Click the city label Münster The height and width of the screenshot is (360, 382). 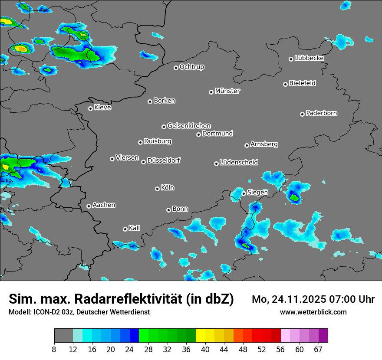tap(227, 91)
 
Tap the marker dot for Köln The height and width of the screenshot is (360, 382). tap(157, 189)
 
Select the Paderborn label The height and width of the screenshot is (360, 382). tap(322, 113)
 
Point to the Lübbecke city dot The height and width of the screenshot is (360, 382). tap(291, 59)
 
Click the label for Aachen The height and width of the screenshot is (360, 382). tap(104, 205)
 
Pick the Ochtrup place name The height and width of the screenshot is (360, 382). tap(192, 67)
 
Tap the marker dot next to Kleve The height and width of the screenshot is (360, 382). tap(90, 108)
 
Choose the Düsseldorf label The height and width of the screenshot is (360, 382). tap(164, 160)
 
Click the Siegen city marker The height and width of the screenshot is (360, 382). tap(244, 193)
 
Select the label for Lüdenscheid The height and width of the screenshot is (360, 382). tap(239, 163)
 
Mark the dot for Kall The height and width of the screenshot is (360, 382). tap(125, 229)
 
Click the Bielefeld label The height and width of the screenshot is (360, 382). tap(302, 83)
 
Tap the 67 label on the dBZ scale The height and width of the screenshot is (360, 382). tap(318, 349)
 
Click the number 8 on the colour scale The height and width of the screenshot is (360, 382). tap(54, 349)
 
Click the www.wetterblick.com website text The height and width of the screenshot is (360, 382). tap(313, 312)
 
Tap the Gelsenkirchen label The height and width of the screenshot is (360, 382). tap(189, 126)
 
